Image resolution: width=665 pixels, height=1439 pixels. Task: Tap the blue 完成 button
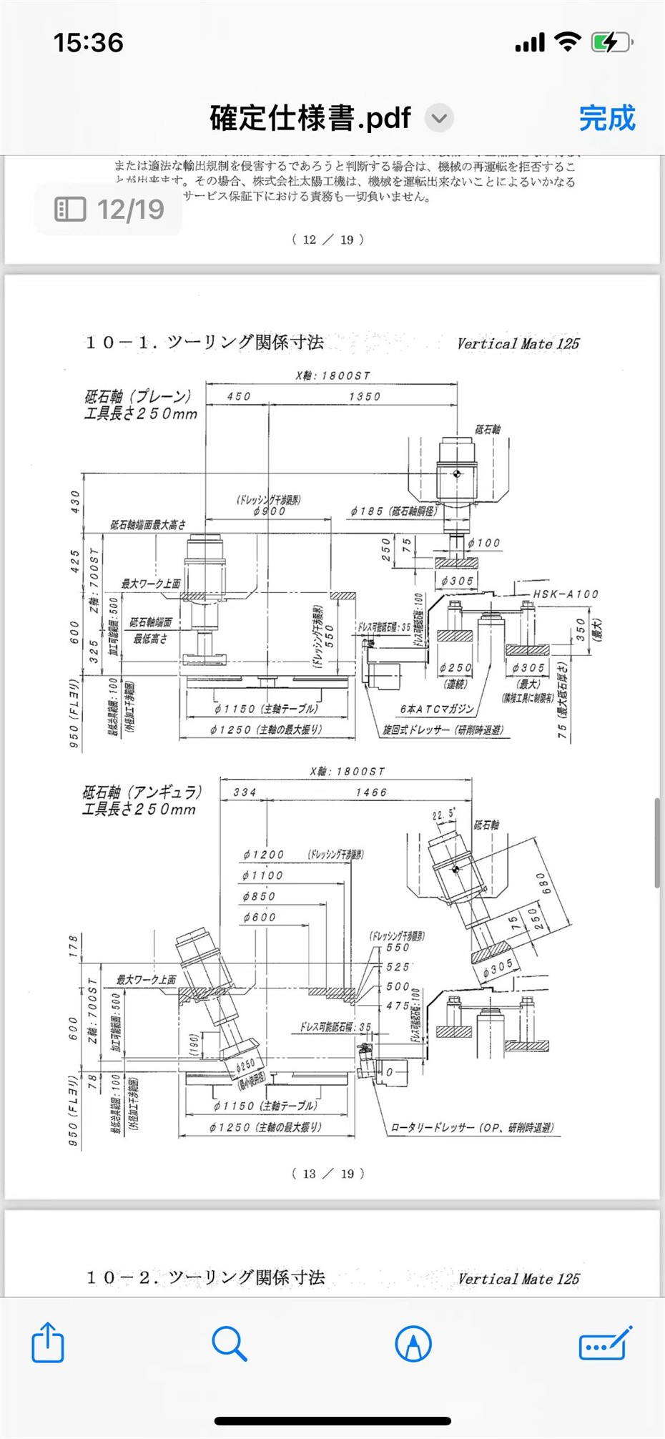coord(606,118)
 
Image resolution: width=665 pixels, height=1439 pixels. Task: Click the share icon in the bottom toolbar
coord(48,1342)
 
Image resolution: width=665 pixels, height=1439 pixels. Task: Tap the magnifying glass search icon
coord(229,1343)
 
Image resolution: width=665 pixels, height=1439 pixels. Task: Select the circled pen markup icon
coord(413,1343)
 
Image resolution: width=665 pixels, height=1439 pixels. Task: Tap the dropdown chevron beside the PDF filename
coord(440,118)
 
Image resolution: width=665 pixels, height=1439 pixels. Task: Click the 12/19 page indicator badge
coord(109,209)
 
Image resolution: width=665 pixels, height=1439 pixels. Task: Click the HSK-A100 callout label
coord(566,594)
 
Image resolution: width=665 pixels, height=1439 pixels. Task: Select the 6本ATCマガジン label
coord(437,709)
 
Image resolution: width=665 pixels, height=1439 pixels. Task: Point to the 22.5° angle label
coord(443,814)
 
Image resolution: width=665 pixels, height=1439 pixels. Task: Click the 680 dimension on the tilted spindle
coord(544,883)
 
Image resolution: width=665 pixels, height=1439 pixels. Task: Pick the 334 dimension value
coord(245,792)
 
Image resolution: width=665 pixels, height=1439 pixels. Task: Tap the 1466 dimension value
coord(371,792)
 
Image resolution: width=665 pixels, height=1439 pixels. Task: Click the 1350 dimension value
coord(365,396)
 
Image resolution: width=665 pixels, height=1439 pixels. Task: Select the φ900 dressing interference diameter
coord(270,511)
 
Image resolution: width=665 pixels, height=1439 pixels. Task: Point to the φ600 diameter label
coord(259,917)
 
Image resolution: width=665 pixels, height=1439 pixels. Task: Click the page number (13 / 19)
coord(328,1174)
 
